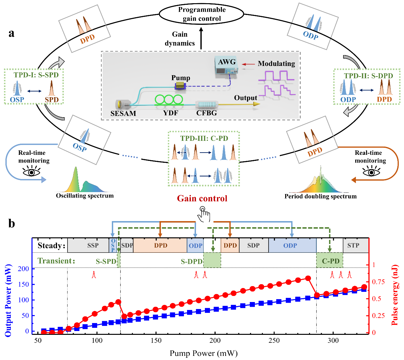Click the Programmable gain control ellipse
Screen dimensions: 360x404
[x=201, y=14]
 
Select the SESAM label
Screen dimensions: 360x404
[x=123, y=113]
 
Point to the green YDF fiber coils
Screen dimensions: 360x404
[x=169, y=99]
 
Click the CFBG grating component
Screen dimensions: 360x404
[x=207, y=104]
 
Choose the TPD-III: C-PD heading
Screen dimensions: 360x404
[x=204, y=138]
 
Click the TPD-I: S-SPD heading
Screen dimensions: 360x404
[x=36, y=75]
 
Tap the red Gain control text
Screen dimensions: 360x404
[x=202, y=198]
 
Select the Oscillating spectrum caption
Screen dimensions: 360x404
[x=85, y=196]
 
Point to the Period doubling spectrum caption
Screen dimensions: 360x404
[x=320, y=196]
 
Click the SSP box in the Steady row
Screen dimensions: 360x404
[x=93, y=245]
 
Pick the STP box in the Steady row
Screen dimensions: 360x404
[x=353, y=245]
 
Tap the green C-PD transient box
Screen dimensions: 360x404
[x=330, y=261]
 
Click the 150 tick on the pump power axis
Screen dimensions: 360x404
[x=156, y=340]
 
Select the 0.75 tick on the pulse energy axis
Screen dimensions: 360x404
[x=379, y=282]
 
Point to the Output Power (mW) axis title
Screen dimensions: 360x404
[x=8, y=300]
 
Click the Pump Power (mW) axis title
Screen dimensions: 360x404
[x=203, y=353]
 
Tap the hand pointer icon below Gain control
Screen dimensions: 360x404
[x=204, y=214]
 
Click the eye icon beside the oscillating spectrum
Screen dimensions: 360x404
[x=32, y=172]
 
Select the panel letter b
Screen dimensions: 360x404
[x=11, y=224]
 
